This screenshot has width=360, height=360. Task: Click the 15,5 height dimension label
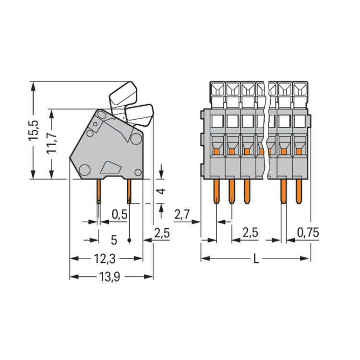(x=33, y=131)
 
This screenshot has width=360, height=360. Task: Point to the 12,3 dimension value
(x=104, y=259)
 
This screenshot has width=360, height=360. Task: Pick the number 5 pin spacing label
(x=114, y=239)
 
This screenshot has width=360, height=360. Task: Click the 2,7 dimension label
(x=183, y=215)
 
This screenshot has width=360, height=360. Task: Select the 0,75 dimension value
(x=308, y=233)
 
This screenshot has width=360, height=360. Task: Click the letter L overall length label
(x=256, y=259)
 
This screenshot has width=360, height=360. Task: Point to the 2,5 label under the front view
(x=250, y=233)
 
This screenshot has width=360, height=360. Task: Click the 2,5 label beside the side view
(x=162, y=234)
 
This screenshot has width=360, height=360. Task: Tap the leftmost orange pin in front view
(x=216, y=191)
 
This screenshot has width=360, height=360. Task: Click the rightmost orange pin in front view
(x=299, y=191)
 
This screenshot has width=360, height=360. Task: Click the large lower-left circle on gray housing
(x=85, y=168)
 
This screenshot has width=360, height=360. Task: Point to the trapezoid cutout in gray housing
(x=111, y=167)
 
